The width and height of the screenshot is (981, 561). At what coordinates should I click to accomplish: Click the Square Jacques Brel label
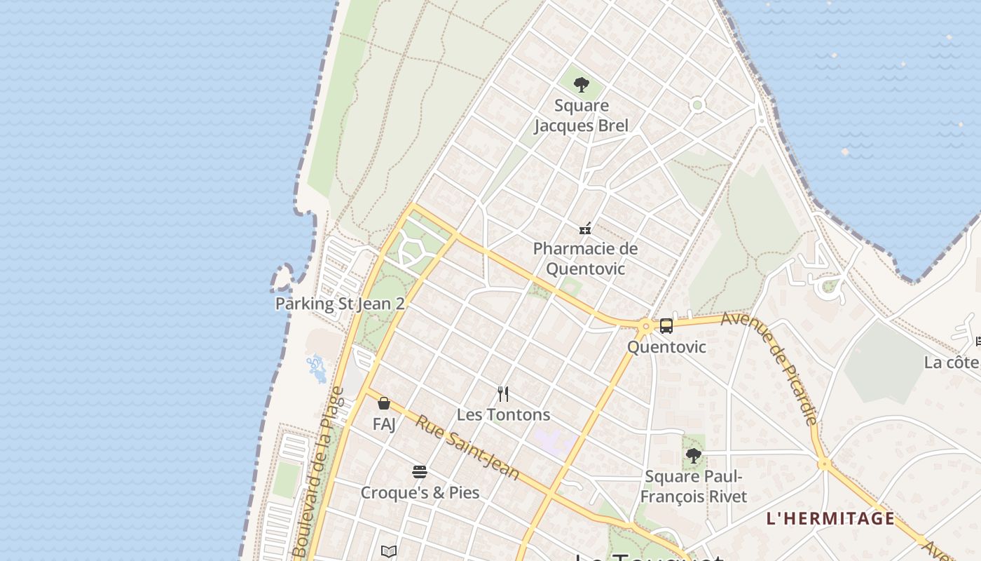(x=581, y=116)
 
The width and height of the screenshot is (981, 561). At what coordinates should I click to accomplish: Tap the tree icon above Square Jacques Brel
(x=581, y=86)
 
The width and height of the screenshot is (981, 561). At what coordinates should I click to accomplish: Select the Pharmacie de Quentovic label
(x=585, y=259)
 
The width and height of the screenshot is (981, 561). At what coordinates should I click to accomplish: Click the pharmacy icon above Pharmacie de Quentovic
(x=585, y=228)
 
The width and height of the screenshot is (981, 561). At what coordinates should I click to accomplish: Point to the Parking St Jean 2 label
(x=340, y=304)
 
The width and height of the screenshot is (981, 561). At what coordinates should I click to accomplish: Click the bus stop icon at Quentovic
(x=666, y=326)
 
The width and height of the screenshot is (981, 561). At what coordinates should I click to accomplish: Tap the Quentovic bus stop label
(x=666, y=347)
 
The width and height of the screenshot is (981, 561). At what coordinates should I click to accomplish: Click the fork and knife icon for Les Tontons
(x=503, y=393)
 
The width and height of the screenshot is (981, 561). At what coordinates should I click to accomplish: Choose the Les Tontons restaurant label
(x=503, y=414)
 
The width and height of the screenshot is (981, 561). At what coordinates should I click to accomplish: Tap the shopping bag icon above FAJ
(x=384, y=403)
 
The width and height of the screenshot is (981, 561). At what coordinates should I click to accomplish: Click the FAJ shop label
(x=384, y=424)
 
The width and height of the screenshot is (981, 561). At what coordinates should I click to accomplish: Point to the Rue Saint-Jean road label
(x=467, y=447)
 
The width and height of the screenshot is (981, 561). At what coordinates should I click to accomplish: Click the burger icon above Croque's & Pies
(x=420, y=472)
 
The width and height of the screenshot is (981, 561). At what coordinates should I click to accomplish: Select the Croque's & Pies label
(x=420, y=492)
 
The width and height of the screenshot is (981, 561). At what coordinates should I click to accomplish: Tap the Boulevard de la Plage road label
(x=319, y=473)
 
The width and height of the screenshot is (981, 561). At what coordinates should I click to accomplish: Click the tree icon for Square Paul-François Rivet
(x=694, y=457)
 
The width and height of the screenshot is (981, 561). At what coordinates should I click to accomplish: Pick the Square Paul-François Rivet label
(x=694, y=487)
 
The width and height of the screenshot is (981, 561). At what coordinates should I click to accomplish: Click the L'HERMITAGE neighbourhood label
(x=830, y=519)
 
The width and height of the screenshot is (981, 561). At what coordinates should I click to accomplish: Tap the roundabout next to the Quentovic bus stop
(x=645, y=326)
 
